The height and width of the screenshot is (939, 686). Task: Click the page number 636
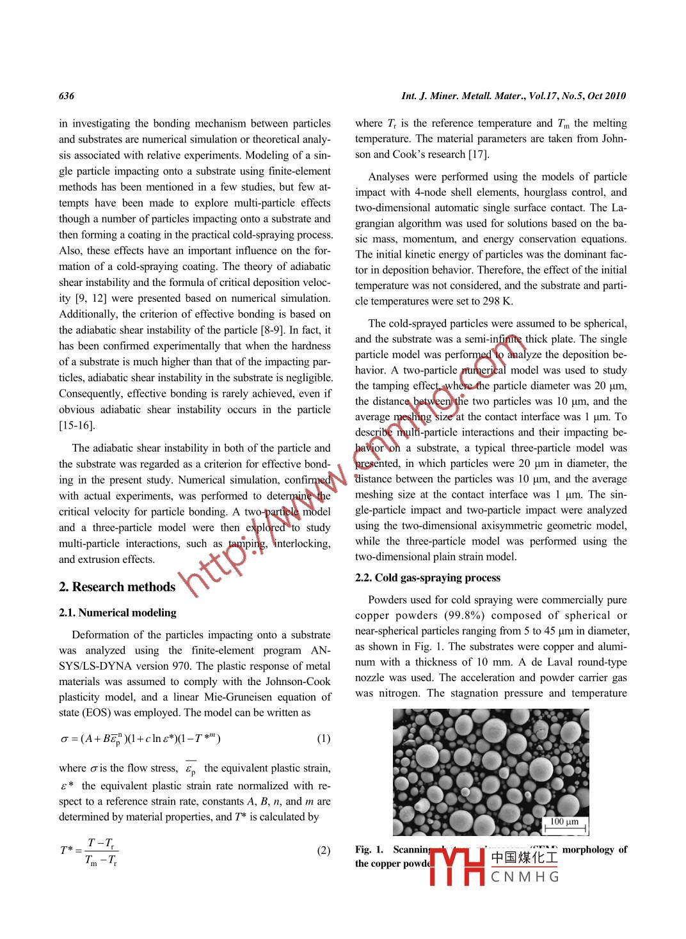coord(67,96)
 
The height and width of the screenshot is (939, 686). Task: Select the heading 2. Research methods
coord(117,587)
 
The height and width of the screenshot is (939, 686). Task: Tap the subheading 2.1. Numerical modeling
coord(118,612)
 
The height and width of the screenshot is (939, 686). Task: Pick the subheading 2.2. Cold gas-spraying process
coord(427,578)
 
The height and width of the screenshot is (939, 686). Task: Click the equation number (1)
coord(324,739)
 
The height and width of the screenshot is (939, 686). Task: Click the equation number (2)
coord(324,850)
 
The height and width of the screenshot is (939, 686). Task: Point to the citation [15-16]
coord(77,425)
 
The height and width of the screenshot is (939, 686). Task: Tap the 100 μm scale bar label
coord(564,822)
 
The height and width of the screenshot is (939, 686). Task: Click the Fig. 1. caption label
coord(369,849)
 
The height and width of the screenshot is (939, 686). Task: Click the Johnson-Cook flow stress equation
coord(140,739)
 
